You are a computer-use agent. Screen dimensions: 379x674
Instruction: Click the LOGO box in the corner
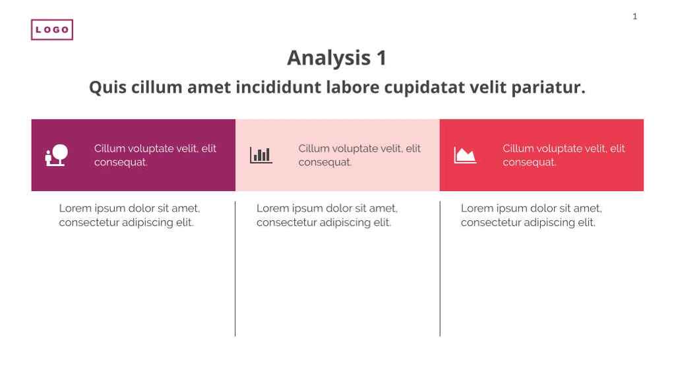52,30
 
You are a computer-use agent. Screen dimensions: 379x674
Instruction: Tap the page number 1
635,16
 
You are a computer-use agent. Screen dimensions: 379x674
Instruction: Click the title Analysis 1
337,58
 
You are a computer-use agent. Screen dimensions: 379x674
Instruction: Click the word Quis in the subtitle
107,88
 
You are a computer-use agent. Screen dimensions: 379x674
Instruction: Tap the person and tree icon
57,156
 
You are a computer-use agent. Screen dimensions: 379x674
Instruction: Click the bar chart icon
261,156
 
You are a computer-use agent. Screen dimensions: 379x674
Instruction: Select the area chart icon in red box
465,156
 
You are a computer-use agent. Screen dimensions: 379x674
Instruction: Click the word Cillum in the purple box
110,148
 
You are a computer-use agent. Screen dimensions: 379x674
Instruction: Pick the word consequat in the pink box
324,162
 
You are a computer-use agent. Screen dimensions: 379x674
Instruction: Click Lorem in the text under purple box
75,208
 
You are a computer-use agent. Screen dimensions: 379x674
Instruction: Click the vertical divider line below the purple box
235,270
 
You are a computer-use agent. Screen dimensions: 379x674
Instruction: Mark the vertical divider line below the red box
440,270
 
